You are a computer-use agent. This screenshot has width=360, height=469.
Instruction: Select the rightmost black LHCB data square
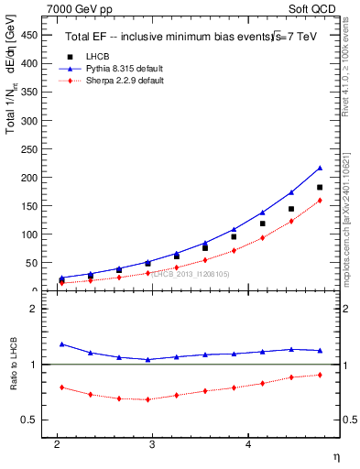click(x=320, y=188)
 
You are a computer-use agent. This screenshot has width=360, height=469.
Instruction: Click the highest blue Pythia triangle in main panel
click(x=320, y=169)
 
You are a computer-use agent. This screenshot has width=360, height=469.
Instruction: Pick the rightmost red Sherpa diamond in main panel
click(x=320, y=201)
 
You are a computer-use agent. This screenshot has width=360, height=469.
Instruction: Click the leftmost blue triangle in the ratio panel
click(x=62, y=344)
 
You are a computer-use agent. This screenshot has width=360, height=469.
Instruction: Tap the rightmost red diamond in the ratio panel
click(x=320, y=375)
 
